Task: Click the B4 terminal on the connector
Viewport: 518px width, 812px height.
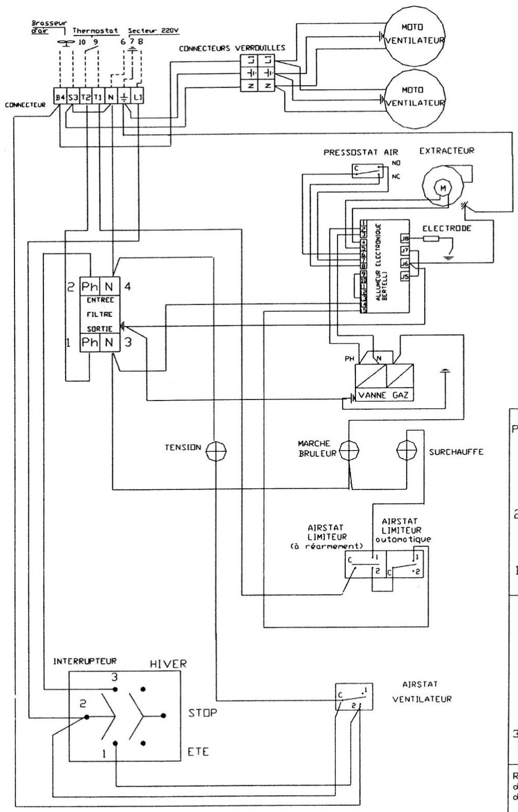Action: [x=61, y=97]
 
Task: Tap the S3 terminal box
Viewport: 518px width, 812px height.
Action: [x=73, y=97]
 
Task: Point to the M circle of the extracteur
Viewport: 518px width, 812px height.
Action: [x=442, y=188]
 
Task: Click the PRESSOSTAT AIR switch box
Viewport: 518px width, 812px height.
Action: [x=367, y=170]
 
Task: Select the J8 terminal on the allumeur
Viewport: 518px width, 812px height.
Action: [x=405, y=238]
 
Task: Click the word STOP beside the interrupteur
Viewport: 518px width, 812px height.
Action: [x=202, y=713]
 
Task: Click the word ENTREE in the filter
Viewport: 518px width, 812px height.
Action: [x=100, y=299]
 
